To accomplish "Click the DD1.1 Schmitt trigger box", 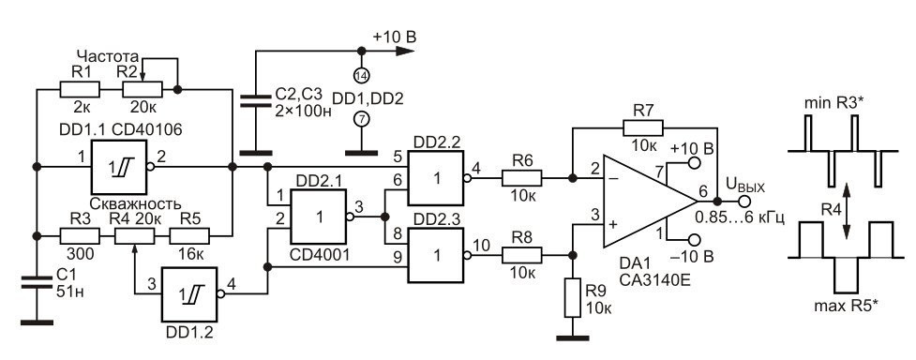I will pos(116,169).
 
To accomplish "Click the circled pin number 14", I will pos(360,74).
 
